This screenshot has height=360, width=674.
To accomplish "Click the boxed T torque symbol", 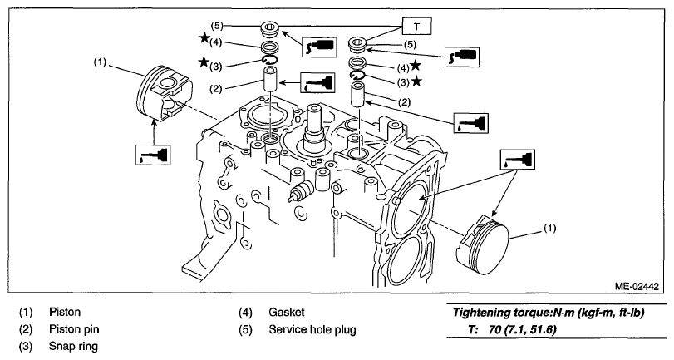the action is (416, 27).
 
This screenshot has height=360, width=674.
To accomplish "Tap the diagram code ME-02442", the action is (637, 287).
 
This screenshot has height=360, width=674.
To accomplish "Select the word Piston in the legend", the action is (65, 312).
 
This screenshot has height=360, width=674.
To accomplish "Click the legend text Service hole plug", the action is (312, 330).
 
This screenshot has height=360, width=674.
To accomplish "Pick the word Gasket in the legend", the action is (287, 312).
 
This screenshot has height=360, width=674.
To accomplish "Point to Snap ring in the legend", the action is (73, 347).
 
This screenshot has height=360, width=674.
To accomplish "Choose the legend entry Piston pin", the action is (74, 329).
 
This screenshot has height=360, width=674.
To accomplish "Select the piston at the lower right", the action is (483, 244).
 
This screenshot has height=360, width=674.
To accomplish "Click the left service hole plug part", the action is (270, 30).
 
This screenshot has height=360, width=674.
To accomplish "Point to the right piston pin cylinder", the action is (358, 95).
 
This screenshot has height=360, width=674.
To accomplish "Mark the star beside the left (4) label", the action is (204, 38).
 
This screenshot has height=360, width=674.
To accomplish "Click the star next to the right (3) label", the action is (416, 81).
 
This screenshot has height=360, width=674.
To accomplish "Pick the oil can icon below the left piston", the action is (153, 155).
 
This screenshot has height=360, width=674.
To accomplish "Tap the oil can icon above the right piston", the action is (518, 160).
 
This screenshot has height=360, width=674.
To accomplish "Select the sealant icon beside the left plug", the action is (319, 47).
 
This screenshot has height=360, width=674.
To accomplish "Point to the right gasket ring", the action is (357, 62).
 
